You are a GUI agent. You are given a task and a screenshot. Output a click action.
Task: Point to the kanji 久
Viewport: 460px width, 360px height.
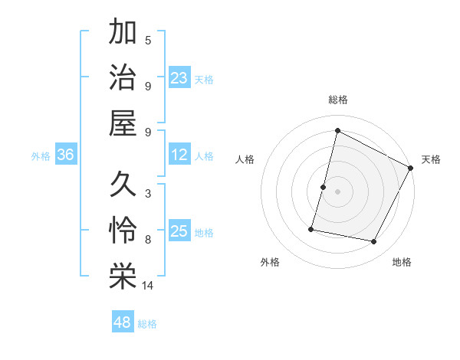(123, 185)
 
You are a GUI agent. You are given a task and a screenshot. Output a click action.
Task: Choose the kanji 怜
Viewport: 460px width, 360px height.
(123, 231)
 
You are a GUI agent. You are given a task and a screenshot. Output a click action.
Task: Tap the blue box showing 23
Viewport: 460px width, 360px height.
(179, 78)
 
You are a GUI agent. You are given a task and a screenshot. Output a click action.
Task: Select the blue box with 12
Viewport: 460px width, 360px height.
(179, 155)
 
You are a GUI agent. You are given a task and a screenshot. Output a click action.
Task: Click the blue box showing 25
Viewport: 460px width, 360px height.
(179, 232)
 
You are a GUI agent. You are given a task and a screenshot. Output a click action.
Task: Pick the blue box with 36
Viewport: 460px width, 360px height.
(65, 155)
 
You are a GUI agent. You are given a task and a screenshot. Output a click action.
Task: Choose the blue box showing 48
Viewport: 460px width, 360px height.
(122, 322)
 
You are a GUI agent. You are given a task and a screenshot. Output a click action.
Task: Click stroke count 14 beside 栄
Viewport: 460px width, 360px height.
(148, 286)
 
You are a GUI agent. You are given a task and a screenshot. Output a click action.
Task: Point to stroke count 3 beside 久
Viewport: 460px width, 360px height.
(148, 194)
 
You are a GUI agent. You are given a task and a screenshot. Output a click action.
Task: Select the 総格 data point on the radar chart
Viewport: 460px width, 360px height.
(337, 131)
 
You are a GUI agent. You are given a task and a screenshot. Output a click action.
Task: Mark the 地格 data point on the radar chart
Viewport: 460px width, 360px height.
(374, 242)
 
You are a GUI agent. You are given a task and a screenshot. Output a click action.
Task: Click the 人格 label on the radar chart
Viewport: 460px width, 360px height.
(245, 159)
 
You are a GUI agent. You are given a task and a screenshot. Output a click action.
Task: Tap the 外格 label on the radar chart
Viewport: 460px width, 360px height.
(270, 263)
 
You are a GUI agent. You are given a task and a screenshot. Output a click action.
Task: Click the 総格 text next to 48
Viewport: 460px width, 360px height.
(148, 323)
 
